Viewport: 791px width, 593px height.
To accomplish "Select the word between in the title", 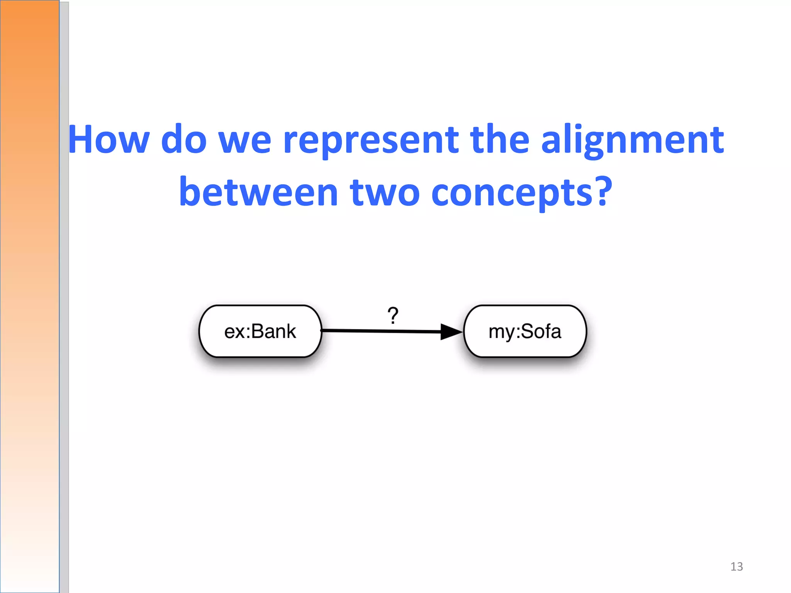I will pyautogui.click(x=258, y=192).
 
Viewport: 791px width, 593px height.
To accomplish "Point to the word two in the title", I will pyautogui.click(x=385, y=192).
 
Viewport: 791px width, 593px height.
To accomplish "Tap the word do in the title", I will pyautogui.click(x=184, y=140).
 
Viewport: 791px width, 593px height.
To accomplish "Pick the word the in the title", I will pyautogui.click(x=499, y=140).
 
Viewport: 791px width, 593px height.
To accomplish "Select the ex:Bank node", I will pyautogui.click(x=260, y=331).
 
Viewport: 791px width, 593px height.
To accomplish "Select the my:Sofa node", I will pyautogui.click(x=525, y=331).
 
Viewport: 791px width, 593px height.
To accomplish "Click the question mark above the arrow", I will pyautogui.click(x=393, y=315).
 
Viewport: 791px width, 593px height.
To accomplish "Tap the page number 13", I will pyautogui.click(x=736, y=566).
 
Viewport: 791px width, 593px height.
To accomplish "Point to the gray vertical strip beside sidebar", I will pyautogui.click(x=64, y=309).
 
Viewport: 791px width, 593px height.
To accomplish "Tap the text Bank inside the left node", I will pyautogui.click(x=273, y=331).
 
